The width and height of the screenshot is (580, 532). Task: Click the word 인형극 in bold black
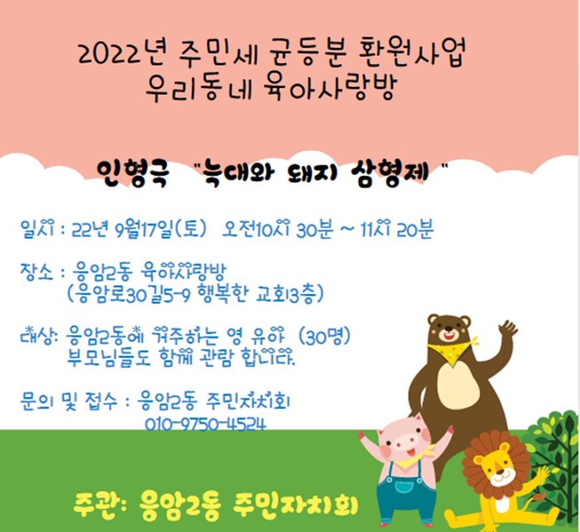(133, 173)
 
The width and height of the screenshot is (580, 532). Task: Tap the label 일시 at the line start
(38, 229)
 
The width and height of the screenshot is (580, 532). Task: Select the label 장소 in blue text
(37, 272)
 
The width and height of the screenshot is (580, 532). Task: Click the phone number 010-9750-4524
(205, 425)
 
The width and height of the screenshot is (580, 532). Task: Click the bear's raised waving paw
(507, 330)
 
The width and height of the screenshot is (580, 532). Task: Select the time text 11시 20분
(396, 229)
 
